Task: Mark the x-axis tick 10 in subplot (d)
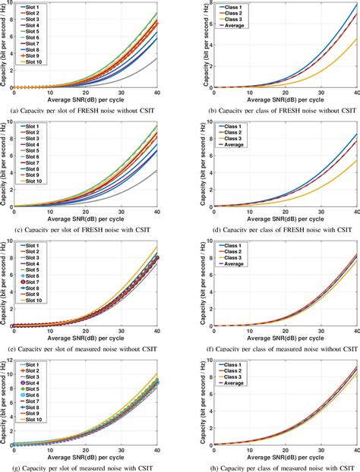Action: pyautogui.click(x=250, y=212)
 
